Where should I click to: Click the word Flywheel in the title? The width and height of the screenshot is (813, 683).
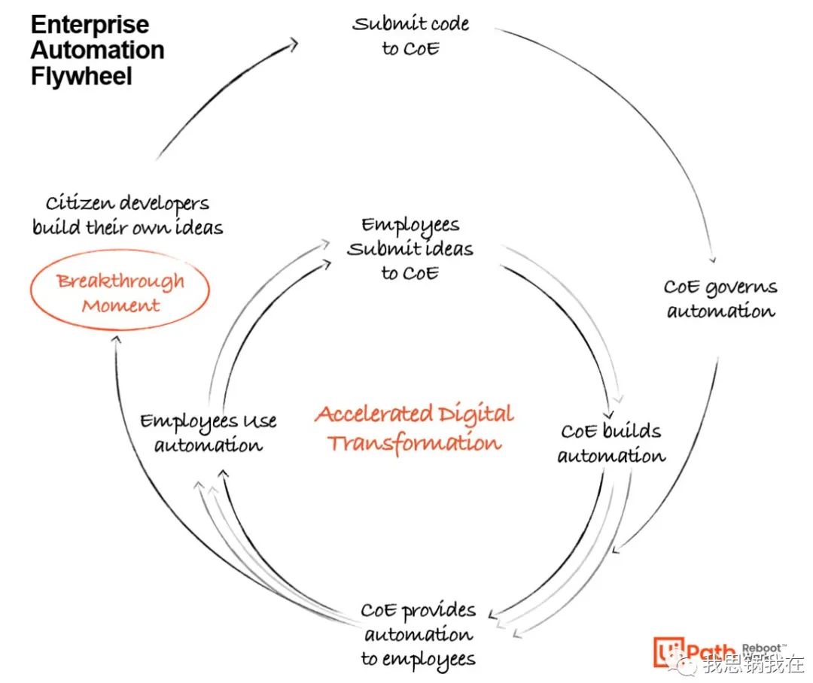[81, 76]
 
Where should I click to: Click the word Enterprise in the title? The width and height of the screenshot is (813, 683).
[90, 24]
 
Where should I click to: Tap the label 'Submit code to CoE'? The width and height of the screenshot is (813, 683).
[411, 36]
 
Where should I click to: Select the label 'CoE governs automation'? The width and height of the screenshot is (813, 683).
[720, 299]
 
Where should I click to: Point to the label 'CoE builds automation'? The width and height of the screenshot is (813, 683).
[611, 442]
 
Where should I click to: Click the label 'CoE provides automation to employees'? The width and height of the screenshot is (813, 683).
[419, 634]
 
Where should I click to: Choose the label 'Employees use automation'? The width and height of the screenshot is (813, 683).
[209, 433]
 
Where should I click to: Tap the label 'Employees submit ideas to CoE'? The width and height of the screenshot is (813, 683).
[410, 249]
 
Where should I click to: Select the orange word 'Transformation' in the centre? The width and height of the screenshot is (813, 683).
[414, 444]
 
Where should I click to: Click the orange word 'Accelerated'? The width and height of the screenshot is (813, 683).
[374, 414]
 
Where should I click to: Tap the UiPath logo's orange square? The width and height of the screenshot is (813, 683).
[668, 651]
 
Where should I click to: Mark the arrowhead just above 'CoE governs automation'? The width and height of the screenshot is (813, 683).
[713, 259]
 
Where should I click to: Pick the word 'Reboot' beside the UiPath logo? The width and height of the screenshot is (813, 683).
[761, 648]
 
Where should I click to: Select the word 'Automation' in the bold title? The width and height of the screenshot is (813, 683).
[97, 50]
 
